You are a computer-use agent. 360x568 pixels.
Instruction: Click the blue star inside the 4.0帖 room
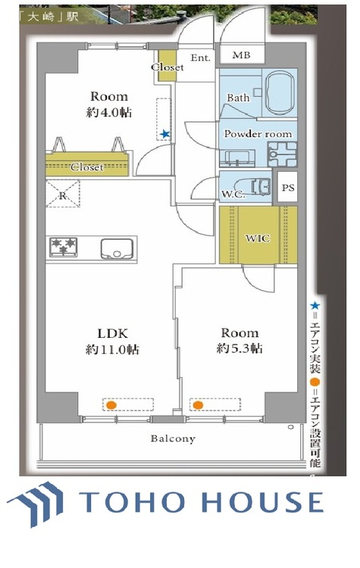pyautogui.click(x=165, y=134)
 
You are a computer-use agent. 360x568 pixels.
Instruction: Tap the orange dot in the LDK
pyautogui.click(x=111, y=405)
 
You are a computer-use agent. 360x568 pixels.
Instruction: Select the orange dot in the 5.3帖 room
pyautogui.click(x=198, y=405)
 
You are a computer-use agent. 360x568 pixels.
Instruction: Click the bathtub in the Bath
pyautogui.click(x=281, y=92)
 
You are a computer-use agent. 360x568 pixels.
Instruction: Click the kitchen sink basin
pyautogui.click(x=117, y=249)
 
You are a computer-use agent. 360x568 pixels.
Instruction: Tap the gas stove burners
pyautogui.click(x=64, y=247)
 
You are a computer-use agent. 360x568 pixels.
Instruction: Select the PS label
pyautogui.click(x=288, y=188)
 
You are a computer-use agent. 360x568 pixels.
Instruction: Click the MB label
pyautogui.click(x=242, y=55)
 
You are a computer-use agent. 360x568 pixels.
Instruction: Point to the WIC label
pyautogui.click(x=258, y=238)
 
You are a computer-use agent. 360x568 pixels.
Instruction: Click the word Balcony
pyautogui.click(x=173, y=438)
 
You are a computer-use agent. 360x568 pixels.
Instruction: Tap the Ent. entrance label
pyautogui.click(x=201, y=58)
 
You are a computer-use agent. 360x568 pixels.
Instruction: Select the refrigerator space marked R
pyautogui.click(x=63, y=194)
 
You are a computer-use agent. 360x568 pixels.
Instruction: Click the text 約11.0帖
pyautogui.click(x=112, y=350)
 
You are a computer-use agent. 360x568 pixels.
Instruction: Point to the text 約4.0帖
pyautogui.click(x=109, y=113)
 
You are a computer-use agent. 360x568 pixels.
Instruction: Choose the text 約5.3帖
pyautogui.click(x=239, y=348)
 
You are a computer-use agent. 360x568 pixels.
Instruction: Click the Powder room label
pyautogui.click(x=258, y=134)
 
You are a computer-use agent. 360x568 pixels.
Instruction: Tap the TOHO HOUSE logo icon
pyautogui.click(x=35, y=504)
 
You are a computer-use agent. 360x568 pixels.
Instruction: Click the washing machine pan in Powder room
pyautogui.click(x=282, y=154)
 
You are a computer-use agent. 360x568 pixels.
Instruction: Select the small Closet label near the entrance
pyautogui.click(x=167, y=67)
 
